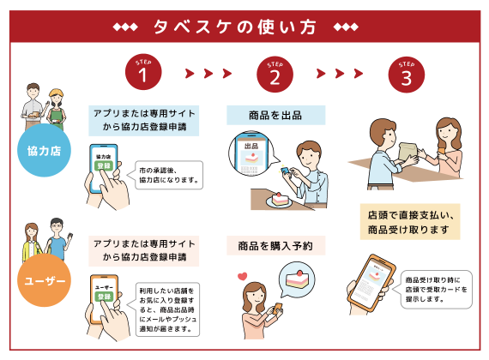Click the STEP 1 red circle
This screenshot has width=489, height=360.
pos(143,72)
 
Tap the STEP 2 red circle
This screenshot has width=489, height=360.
pos(275,75)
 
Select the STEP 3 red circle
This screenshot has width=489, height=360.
pos(407,75)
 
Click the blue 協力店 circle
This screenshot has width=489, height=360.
pos(44,150)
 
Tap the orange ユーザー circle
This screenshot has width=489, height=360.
pos(44,280)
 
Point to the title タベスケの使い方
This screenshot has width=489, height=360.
pos(235,27)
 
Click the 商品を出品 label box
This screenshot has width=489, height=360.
pos(275,116)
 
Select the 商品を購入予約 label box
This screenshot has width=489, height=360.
pos(275,246)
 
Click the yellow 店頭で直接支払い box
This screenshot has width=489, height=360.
pos(410,222)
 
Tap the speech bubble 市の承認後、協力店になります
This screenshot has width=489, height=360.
pos(167,175)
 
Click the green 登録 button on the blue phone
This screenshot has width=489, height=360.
pos(104,165)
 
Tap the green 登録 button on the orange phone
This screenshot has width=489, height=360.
pos(104,296)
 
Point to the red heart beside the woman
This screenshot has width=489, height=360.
pos(242,276)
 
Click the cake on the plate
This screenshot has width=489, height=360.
pos(280,200)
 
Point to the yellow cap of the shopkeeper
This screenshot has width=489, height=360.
pos(57,93)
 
